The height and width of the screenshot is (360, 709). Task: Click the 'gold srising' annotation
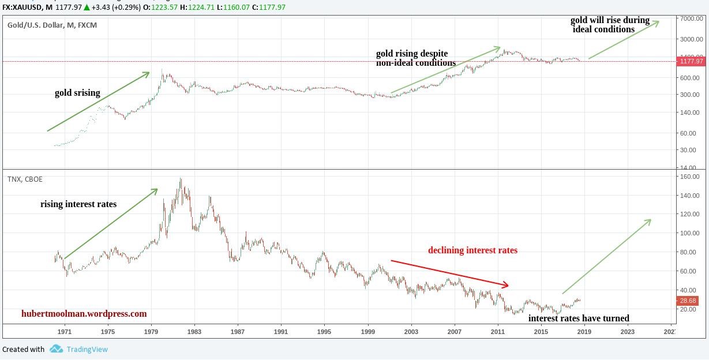pos(77,93)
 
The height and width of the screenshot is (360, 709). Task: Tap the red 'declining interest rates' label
pos(472,250)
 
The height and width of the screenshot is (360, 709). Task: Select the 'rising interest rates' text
pos(78,204)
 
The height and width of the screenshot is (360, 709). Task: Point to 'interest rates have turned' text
pos(579,318)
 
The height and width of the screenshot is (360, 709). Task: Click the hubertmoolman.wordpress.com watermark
pos(84,314)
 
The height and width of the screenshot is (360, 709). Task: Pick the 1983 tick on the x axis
pos(194,332)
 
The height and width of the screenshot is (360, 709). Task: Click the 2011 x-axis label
pos(498,332)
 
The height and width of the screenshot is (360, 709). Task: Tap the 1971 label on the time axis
pos(65,332)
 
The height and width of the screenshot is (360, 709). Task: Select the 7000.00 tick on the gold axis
pos(689,19)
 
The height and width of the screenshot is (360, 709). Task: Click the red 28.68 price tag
pos(688,301)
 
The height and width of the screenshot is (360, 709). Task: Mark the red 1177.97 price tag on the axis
pos(691,61)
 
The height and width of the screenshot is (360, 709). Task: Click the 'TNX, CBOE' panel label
pos(25,179)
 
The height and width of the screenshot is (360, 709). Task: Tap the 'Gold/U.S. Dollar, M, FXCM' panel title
pos(52,25)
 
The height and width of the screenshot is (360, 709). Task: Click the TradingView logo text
pos(87,349)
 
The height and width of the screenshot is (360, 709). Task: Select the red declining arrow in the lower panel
pos(450,273)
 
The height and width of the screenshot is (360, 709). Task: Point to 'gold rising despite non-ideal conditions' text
pos(415,58)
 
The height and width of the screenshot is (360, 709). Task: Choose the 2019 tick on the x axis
pos(584,332)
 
